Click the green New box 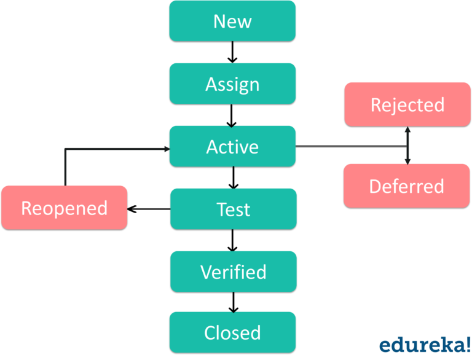point(232,21)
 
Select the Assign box point(232,84)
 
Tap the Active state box point(232,146)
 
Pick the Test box point(234,209)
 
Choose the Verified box point(234,272)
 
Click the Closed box point(232,332)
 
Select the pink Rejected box point(407,105)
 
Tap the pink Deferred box point(407,186)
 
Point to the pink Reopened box point(65,208)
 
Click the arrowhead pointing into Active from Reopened point(167,149)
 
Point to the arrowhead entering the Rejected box point(407,130)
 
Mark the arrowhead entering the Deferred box point(407,161)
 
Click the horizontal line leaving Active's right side point(350,147)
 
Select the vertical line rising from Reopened point(65,167)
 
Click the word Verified point(234,272)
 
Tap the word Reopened point(65,208)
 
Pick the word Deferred point(407,186)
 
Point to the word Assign point(232,84)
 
